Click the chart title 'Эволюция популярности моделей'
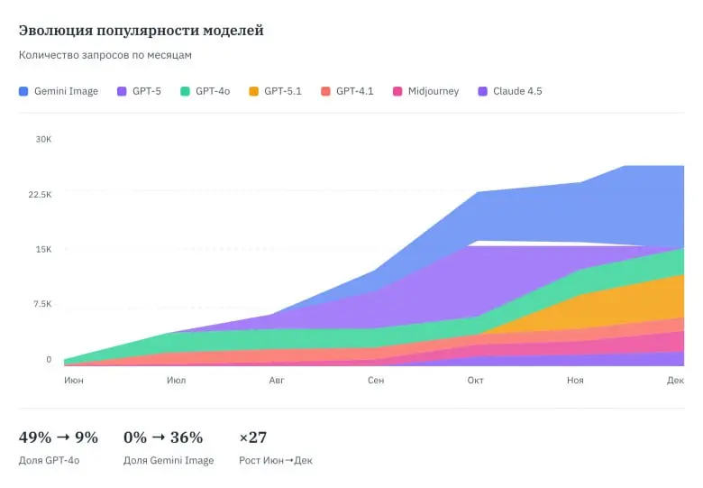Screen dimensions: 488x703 click(x=141, y=31)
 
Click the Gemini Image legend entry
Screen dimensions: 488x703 click(x=59, y=91)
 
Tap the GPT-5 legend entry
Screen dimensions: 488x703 click(x=139, y=91)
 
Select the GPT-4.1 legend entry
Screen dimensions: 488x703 click(x=348, y=91)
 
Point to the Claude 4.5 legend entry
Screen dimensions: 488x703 click(x=510, y=91)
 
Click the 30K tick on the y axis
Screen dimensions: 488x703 click(x=43, y=139)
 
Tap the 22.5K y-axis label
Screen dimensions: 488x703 click(x=39, y=194)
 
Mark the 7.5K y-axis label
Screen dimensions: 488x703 click(x=41, y=304)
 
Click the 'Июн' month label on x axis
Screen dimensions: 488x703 click(x=74, y=381)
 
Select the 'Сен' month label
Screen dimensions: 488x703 click(x=376, y=381)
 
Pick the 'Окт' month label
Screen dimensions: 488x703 click(x=476, y=381)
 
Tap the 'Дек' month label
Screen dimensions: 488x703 click(x=675, y=381)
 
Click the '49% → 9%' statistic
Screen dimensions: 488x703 click(x=59, y=438)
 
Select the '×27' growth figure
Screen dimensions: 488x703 click(x=253, y=438)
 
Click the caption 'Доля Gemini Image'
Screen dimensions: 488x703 click(x=169, y=461)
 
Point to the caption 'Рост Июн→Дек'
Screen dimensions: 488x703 click(x=276, y=461)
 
